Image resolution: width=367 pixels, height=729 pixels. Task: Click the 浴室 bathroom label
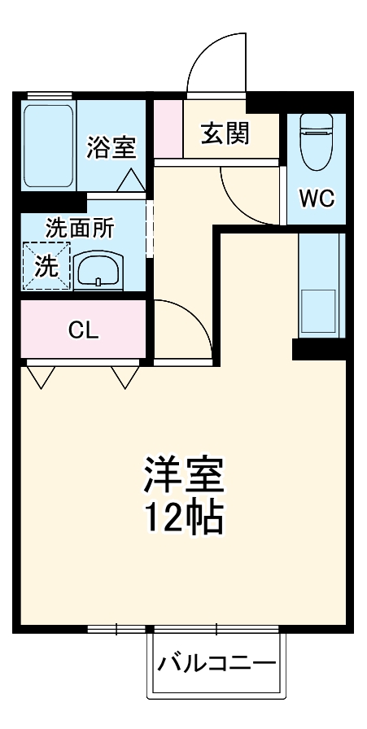111,148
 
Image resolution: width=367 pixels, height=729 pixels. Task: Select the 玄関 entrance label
225,132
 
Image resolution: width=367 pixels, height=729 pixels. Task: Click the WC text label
316,199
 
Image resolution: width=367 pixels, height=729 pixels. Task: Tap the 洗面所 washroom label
79,229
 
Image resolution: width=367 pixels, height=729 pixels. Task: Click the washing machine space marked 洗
46,266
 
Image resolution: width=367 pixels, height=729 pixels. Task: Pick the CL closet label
83,330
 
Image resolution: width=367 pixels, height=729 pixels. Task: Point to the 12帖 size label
184,517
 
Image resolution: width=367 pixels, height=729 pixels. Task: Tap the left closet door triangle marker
40,375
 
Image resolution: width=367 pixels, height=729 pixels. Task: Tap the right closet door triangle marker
125,375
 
